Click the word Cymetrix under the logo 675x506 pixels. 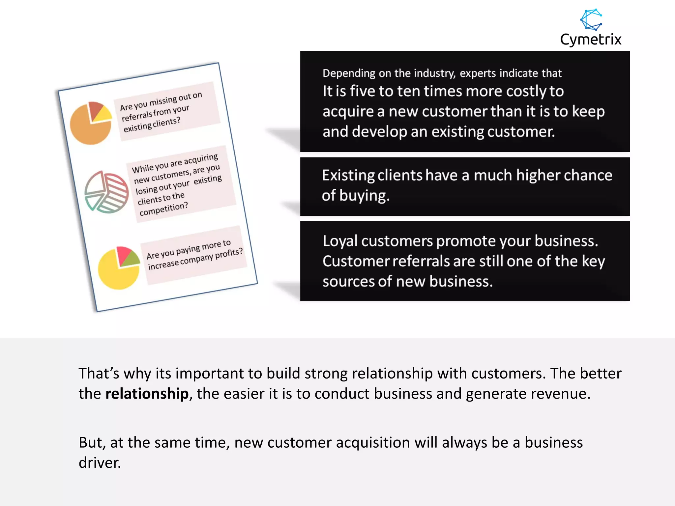[x=591, y=40]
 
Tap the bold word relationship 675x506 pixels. [x=147, y=394]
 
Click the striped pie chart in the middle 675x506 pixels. [x=106, y=192]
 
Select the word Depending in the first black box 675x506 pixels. [x=349, y=73]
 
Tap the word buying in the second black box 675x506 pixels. [x=364, y=196]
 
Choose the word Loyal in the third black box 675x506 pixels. [x=340, y=241]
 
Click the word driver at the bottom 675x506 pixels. [x=99, y=463]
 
